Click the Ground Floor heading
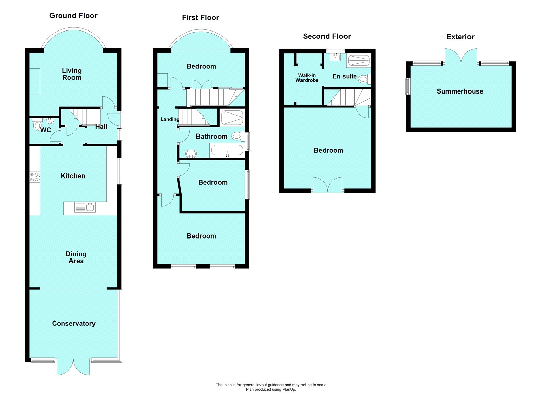[73, 16]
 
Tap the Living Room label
[72, 74]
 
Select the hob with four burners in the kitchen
[35, 177]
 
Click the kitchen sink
[85, 207]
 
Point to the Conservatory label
[74, 323]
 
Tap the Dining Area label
[76, 257]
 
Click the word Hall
[101, 127]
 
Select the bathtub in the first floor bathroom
[227, 150]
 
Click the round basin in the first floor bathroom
[191, 154]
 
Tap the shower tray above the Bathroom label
[232, 118]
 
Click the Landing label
[170, 119]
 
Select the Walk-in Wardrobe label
[307, 78]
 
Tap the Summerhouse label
[460, 91]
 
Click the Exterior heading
[460, 37]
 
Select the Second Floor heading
[327, 36]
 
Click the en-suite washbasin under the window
[335, 57]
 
